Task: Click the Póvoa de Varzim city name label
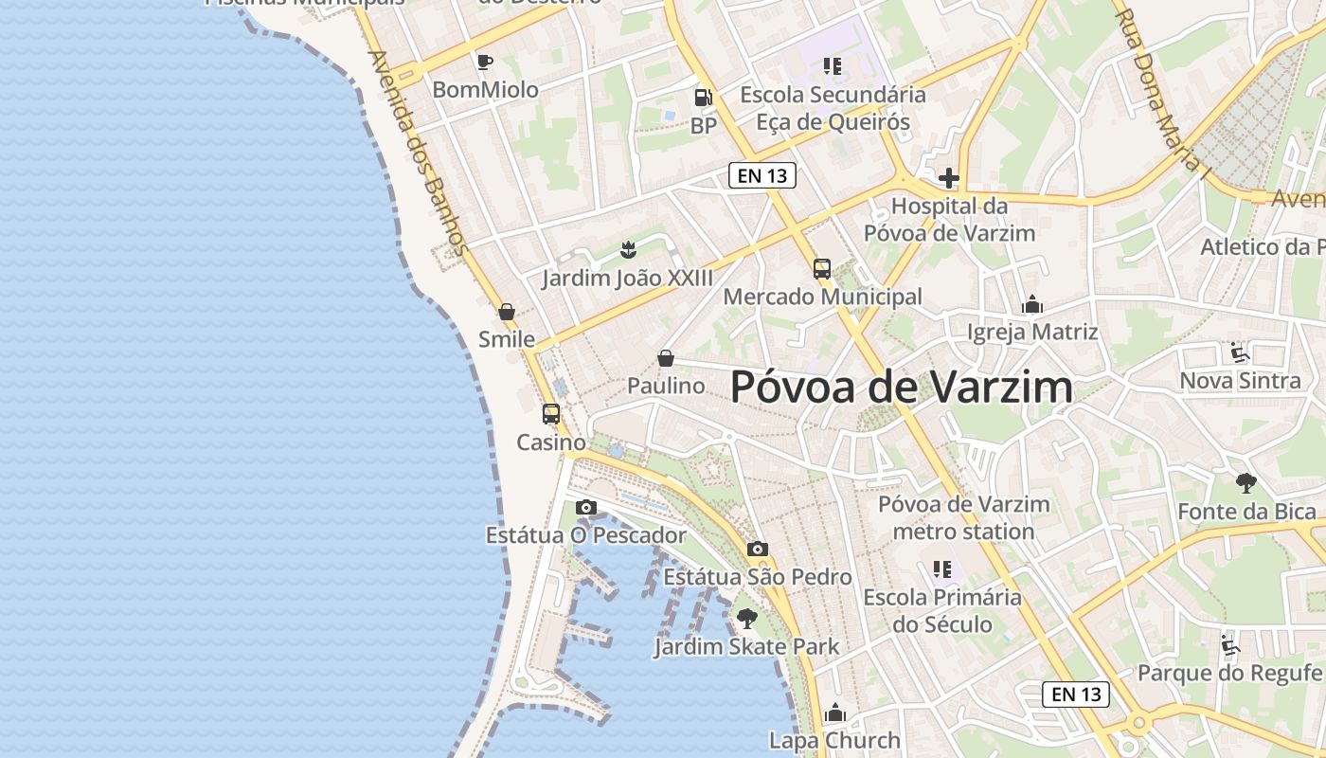click(x=902, y=387)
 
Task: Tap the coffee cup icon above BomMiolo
click(x=485, y=63)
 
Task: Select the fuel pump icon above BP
click(x=703, y=97)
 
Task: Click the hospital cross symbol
click(x=949, y=178)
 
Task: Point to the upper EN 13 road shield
click(x=762, y=175)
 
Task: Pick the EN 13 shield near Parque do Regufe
click(x=1077, y=694)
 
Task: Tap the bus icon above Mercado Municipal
click(x=822, y=269)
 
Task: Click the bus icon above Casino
click(x=551, y=414)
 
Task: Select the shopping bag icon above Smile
click(x=507, y=312)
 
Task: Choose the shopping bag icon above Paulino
click(x=666, y=358)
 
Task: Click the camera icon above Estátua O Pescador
click(x=586, y=507)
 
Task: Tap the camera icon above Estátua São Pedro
click(x=757, y=549)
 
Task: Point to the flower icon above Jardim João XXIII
click(x=627, y=250)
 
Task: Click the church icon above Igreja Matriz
click(x=1032, y=305)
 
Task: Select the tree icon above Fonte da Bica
click(x=1246, y=483)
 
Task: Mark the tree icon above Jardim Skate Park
click(x=747, y=619)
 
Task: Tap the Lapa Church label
click(x=834, y=740)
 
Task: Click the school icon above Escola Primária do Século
click(x=942, y=569)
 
